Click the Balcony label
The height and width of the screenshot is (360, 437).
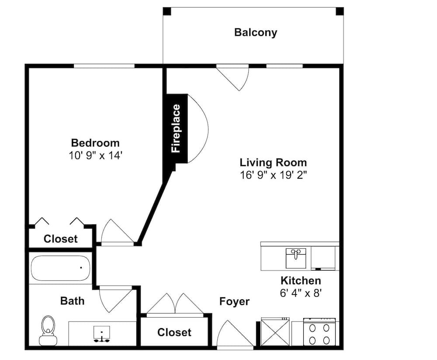[256, 32]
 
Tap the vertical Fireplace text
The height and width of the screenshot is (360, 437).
[176, 128]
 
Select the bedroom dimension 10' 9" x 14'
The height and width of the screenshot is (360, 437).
[95, 155]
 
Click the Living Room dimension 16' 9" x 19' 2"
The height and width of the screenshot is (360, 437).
[273, 175]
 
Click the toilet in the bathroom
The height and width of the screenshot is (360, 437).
[48, 331]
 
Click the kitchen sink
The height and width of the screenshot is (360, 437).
[297, 258]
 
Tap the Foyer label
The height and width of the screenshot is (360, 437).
[234, 301]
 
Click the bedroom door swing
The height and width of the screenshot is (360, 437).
[116, 232]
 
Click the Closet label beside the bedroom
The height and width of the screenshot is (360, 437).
[61, 239]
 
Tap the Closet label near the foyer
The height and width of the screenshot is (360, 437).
[174, 332]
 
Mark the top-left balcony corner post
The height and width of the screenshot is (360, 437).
[167, 11]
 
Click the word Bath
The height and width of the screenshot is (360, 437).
[72, 301]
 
